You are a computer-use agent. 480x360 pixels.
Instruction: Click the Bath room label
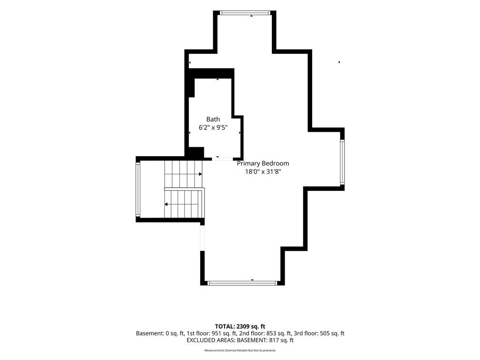213,120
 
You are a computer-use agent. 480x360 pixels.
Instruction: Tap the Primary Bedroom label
263,164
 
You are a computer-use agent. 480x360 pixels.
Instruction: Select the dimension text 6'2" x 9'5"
213,127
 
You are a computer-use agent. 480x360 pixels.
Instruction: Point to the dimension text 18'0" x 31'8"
263,172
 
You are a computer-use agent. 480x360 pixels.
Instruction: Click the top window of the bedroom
245,13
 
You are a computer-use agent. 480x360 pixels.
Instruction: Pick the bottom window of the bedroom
242,283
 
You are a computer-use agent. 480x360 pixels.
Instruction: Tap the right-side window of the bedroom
342,162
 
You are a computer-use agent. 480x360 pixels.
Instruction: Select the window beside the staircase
138,189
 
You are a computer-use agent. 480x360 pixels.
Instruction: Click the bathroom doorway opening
223,158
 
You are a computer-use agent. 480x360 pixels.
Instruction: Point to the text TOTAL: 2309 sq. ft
240,326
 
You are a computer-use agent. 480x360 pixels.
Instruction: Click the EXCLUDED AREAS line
240,340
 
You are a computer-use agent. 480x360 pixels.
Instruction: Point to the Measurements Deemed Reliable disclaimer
240,350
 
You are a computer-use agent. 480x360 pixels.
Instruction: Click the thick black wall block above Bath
211,74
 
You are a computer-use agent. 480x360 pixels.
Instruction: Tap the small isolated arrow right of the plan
339,62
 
